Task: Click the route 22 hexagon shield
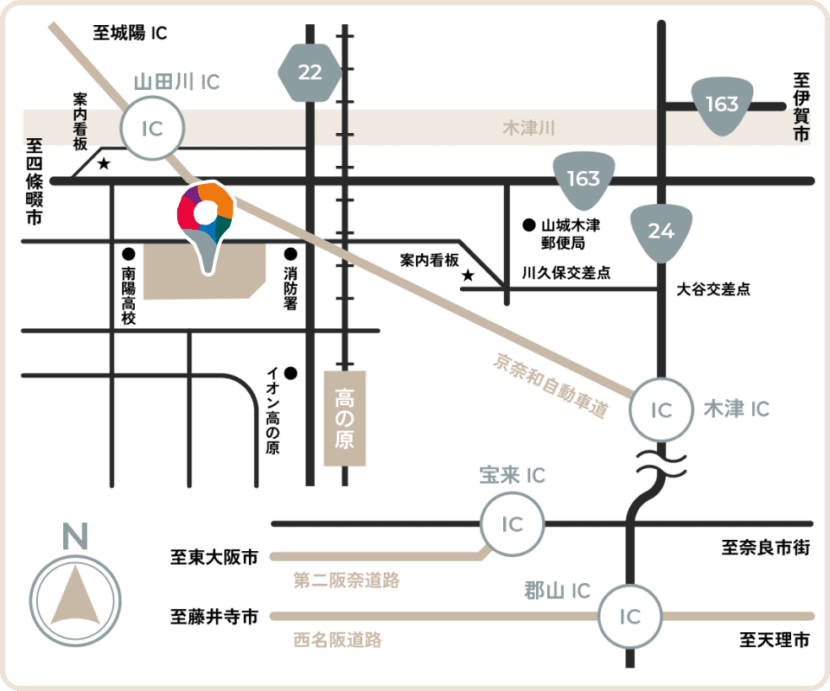coord(310,73)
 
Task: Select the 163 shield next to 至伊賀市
coord(722,105)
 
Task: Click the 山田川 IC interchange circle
coord(152,128)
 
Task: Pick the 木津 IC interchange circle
coord(661,409)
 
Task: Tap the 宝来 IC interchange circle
coord(513,524)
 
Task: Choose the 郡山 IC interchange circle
coord(630,617)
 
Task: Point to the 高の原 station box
coord(345,418)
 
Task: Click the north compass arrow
coord(75,596)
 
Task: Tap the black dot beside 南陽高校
coord(129,254)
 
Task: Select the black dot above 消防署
coord(290,254)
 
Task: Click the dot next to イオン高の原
coord(290,373)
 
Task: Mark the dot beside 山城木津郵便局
coord(529,225)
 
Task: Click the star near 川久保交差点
coord(468,276)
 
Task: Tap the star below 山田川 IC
coord(104,163)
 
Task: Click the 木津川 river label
coord(529,128)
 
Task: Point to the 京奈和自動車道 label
coord(551,385)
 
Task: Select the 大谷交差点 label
coord(713,289)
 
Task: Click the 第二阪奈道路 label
coord(347,580)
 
